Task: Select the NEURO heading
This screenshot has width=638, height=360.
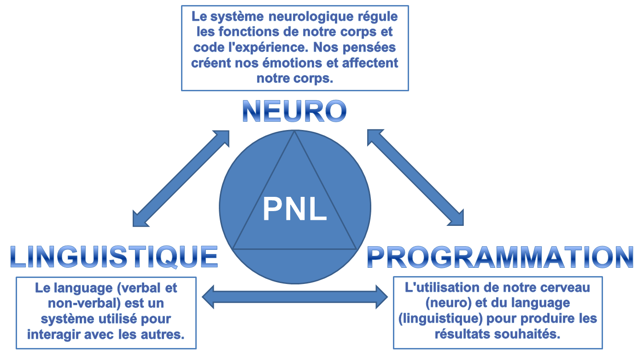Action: tap(294, 111)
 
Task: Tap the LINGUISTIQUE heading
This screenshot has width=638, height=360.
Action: tap(114, 257)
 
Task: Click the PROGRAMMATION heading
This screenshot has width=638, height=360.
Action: tap(500, 257)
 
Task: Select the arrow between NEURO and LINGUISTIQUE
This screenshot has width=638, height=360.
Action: tap(181, 178)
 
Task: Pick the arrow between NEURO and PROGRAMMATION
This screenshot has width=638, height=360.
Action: tap(415, 178)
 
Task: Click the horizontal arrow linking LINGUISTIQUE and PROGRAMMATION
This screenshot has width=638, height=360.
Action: tap(295, 297)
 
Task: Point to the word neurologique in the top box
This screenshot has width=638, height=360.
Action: tap(313, 18)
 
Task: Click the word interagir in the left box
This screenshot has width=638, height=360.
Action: tap(52, 334)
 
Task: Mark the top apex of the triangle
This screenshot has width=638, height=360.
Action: tap(295, 131)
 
